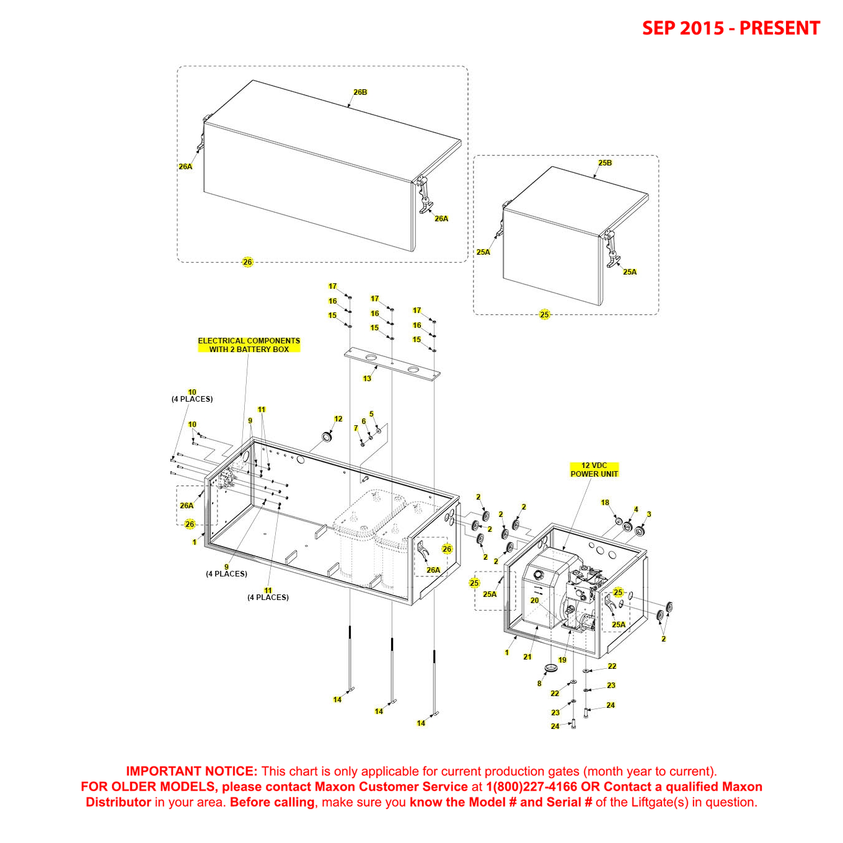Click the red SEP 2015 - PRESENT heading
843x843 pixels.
(730, 29)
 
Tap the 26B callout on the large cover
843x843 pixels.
(360, 92)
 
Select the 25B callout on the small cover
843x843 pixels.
(605, 163)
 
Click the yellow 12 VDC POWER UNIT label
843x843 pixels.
(594, 470)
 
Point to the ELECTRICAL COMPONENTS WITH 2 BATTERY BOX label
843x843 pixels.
(249, 345)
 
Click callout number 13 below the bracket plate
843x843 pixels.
(367, 379)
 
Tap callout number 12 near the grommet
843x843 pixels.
(338, 419)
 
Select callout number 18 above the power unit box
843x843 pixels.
(605, 503)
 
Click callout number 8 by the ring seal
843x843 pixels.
(539, 684)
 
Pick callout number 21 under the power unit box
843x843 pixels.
(527, 657)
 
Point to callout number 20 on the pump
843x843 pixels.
(534, 601)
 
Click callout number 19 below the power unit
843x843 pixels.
(562, 660)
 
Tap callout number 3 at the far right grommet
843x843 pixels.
(649, 514)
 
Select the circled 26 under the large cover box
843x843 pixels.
(247, 262)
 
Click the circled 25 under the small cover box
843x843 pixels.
(544, 315)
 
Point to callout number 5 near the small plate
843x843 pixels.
(371, 414)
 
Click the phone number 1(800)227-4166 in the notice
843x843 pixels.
(531, 787)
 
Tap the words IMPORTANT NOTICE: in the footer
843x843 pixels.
(191, 772)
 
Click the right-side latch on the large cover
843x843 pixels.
(425, 195)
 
